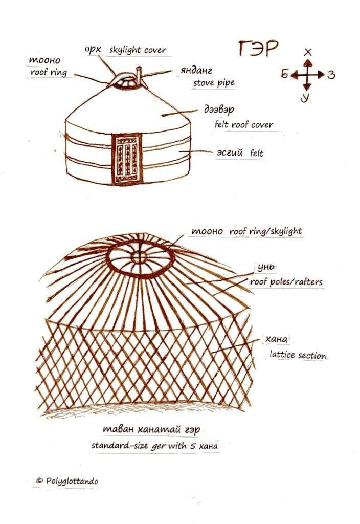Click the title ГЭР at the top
pos(258,49)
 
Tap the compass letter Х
pos(308,52)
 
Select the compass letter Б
pos(284,74)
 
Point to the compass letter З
pos(331,74)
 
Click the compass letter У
pos(305,98)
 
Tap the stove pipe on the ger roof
pos(139,76)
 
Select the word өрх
pos(93,50)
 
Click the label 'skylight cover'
pos(138,50)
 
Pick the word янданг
pos(196,71)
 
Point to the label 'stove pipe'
pos(214,82)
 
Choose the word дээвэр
pos(219,110)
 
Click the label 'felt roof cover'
pos(244,125)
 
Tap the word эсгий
pos(230,152)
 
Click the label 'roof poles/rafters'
pos(286,282)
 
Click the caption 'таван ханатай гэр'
pos(151,429)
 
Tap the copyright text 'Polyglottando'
pos(72,481)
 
